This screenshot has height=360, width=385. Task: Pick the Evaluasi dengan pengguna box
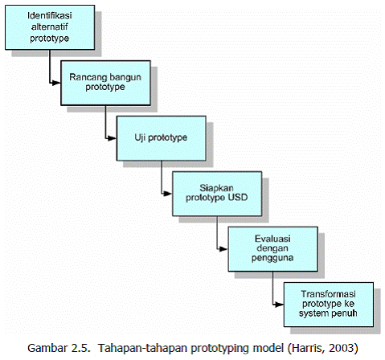(x=265, y=247)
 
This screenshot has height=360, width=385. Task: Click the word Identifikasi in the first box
(x=42, y=15)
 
